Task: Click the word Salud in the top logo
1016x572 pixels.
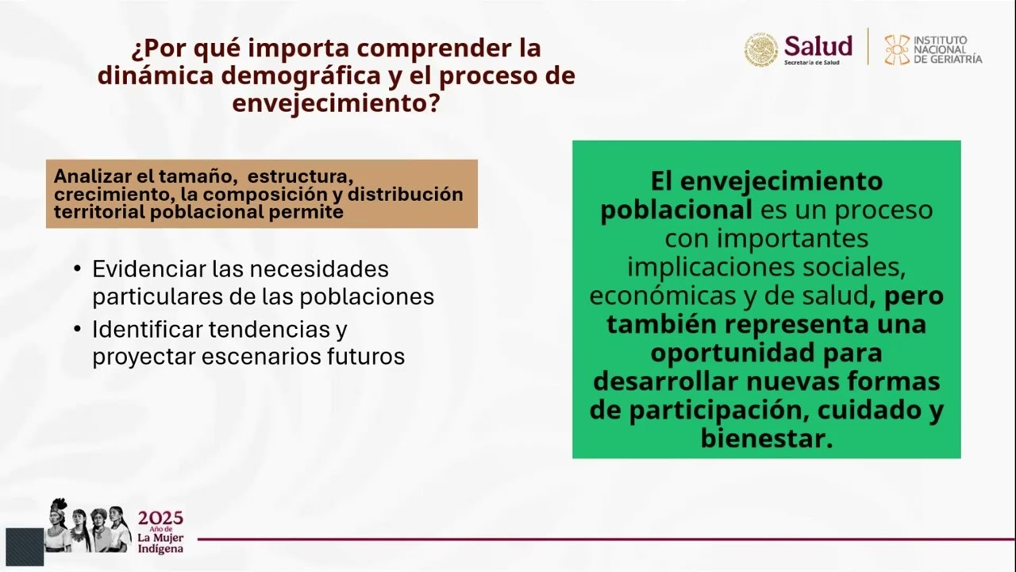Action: coord(818,45)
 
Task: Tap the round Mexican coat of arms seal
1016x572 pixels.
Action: coord(760,49)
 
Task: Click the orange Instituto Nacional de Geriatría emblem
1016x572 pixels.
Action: coord(897,49)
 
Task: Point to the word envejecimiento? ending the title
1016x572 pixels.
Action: coord(336,103)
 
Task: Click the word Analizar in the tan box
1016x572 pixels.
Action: coord(87,176)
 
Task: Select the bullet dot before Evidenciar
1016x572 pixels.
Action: coord(77,269)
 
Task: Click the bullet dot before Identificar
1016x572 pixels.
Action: coord(77,329)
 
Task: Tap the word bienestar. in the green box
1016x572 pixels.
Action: coord(766,439)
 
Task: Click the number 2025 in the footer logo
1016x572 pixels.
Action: coord(160,519)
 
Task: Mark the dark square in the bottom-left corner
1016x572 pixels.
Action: coord(25,547)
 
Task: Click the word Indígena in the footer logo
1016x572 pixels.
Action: coord(160,549)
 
